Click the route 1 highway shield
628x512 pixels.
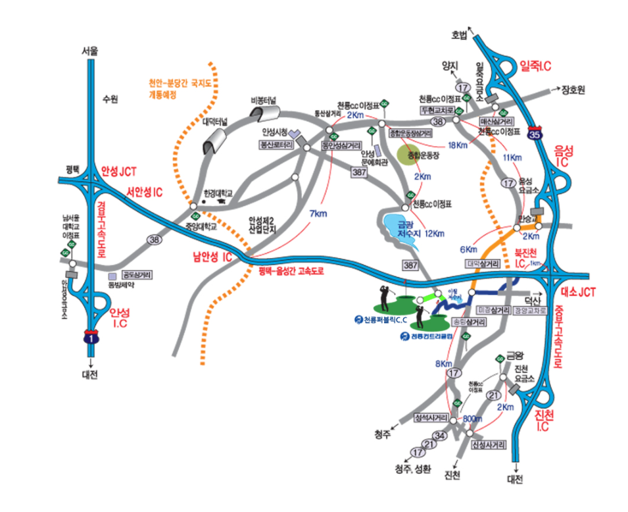click(90, 338)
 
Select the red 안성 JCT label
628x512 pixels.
click(118, 172)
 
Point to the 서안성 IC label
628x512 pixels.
click(145, 192)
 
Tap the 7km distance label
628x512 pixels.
click(318, 213)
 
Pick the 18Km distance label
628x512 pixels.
click(457, 145)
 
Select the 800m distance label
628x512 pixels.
click(473, 419)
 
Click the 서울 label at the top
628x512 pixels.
click(90, 51)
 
